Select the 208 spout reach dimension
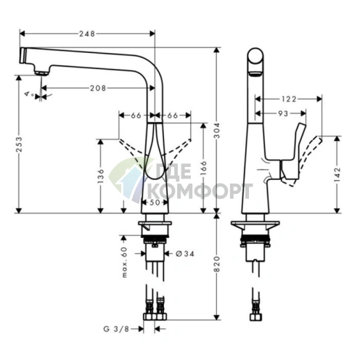tap(99, 88)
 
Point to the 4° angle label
tap(28, 94)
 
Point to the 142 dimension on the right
tap(337, 175)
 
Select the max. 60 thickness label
tap(124, 262)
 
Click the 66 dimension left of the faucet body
tap(136, 115)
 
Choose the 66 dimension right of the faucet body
tap(173, 115)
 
